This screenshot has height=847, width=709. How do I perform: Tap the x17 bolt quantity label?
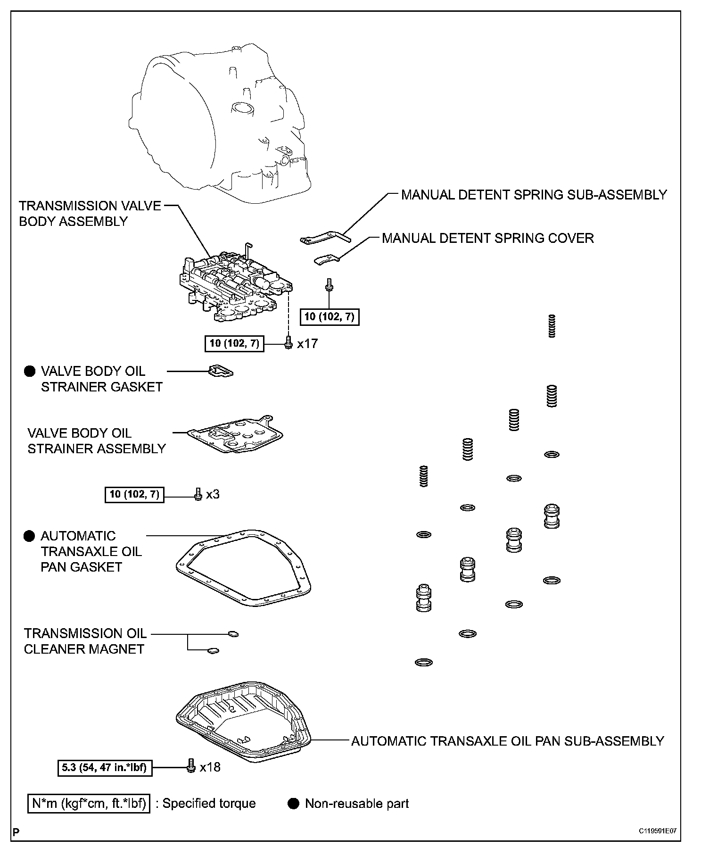coord(307,344)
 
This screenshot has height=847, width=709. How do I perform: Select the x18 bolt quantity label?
coord(210,768)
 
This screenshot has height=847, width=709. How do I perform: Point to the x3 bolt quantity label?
coord(213,495)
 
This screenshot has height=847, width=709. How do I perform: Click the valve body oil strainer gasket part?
coord(221,371)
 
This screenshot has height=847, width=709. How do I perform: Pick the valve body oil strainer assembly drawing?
coord(236,434)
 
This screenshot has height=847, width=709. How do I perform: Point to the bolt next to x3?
coord(198,494)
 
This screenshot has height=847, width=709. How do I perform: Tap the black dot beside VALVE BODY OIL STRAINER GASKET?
coord(30,372)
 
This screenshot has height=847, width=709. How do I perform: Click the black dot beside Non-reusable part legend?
coord(294,804)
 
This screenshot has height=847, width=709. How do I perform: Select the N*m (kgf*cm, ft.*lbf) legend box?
coord(89,804)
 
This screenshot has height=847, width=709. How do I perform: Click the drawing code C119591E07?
coord(658,831)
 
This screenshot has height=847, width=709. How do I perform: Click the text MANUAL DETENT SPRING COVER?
coord(487,238)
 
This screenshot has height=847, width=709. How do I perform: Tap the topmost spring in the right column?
coord(552,326)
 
